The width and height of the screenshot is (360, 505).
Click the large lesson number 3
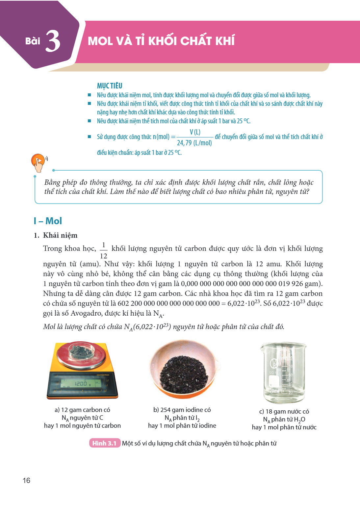(x=53, y=41)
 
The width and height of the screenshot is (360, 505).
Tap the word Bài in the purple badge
(x=33, y=41)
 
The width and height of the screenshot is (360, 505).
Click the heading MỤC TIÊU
(x=110, y=86)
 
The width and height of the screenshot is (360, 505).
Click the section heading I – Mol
(x=48, y=221)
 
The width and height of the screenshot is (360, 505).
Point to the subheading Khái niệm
(x=60, y=235)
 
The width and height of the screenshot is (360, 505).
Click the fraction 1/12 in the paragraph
(x=104, y=251)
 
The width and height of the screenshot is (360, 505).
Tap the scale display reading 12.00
(x=81, y=384)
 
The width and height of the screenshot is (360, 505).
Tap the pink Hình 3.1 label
(x=105, y=443)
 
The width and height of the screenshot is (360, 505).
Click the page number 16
(x=26, y=480)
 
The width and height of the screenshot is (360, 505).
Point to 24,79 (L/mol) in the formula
(x=194, y=143)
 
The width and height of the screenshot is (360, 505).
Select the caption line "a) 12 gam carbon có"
(x=82, y=410)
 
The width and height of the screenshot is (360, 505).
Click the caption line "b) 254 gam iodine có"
(x=182, y=410)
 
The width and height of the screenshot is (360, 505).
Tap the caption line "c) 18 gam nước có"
(x=284, y=411)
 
